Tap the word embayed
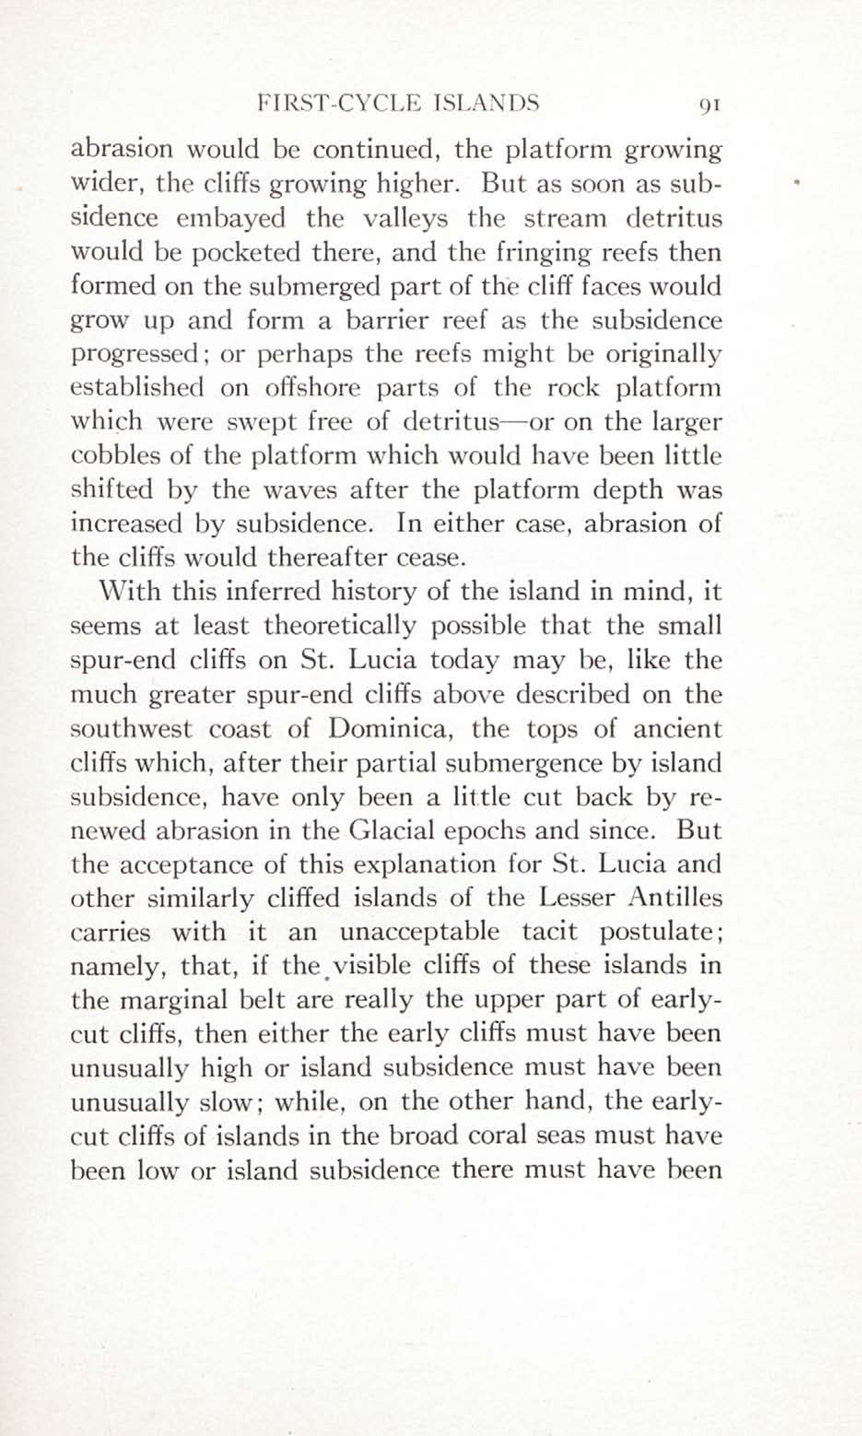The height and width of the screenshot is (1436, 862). (x=231, y=218)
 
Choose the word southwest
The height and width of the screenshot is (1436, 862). (x=131, y=729)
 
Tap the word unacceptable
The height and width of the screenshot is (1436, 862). (x=419, y=932)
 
